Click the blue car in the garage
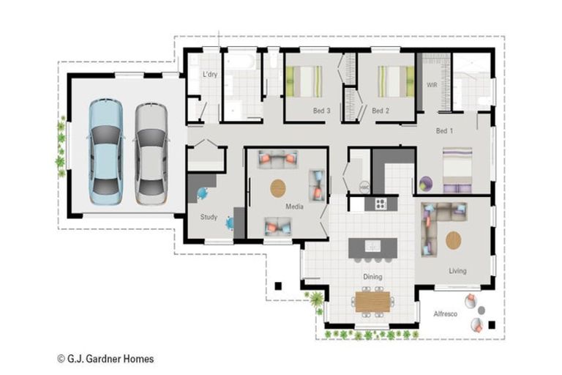tap(106, 151)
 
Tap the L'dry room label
tap(210, 75)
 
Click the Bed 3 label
tap(322, 111)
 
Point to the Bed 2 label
tap(380, 111)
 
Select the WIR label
tap(432, 86)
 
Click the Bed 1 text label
tap(444, 131)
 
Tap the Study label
tap(209, 217)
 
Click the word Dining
tap(373, 277)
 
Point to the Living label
tap(457, 271)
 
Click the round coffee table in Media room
tap(279, 188)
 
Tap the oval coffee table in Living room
tap(454, 240)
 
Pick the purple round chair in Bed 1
tap(428, 183)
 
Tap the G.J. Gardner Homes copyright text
tap(105, 359)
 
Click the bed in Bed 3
tap(304, 81)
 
